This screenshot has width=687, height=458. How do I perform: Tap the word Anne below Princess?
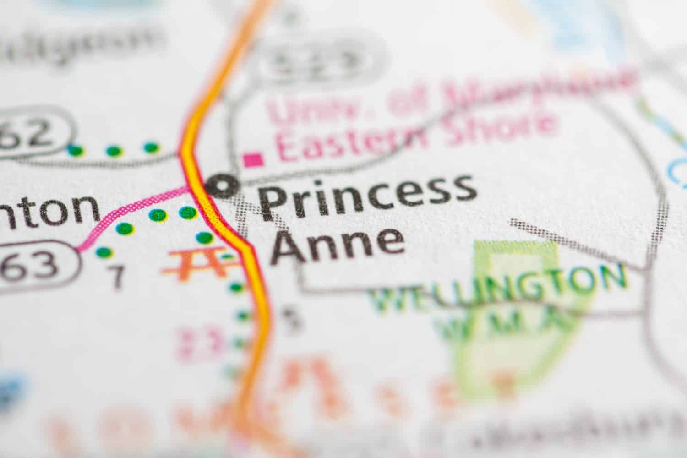point(338,243)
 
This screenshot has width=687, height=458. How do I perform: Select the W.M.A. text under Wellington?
point(499,321)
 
